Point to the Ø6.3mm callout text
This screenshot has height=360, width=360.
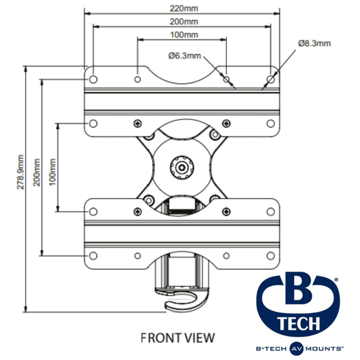[x=184, y=56]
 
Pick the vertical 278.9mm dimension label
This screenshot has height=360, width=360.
[x=21, y=172]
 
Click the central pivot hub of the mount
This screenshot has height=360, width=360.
[x=182, y=167]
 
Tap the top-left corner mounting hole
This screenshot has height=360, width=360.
[x=93, y=79]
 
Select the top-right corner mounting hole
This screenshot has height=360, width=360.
[x=271, y=79]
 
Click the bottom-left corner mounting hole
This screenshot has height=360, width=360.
[x=93, y=256]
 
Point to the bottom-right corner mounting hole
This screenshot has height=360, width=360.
[x=271, y=256]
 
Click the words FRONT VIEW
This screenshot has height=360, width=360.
[x=177, y=337]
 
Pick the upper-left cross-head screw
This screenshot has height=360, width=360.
[x=137, y=123]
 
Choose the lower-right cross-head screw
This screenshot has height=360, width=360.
[x=226, y=211]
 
